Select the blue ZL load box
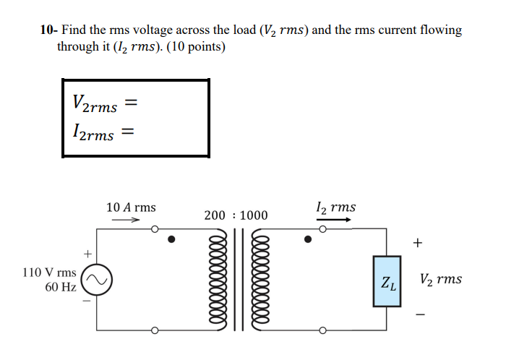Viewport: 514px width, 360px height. point(387,280)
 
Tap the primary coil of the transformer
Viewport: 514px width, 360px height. point(216,281)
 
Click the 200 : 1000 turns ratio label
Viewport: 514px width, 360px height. point(236,215)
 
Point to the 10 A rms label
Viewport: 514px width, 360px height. point(131,207)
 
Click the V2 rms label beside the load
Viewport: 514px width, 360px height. point(440,280)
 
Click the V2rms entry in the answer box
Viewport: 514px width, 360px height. point(95,103)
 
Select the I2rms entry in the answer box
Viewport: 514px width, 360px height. point(94,132)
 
